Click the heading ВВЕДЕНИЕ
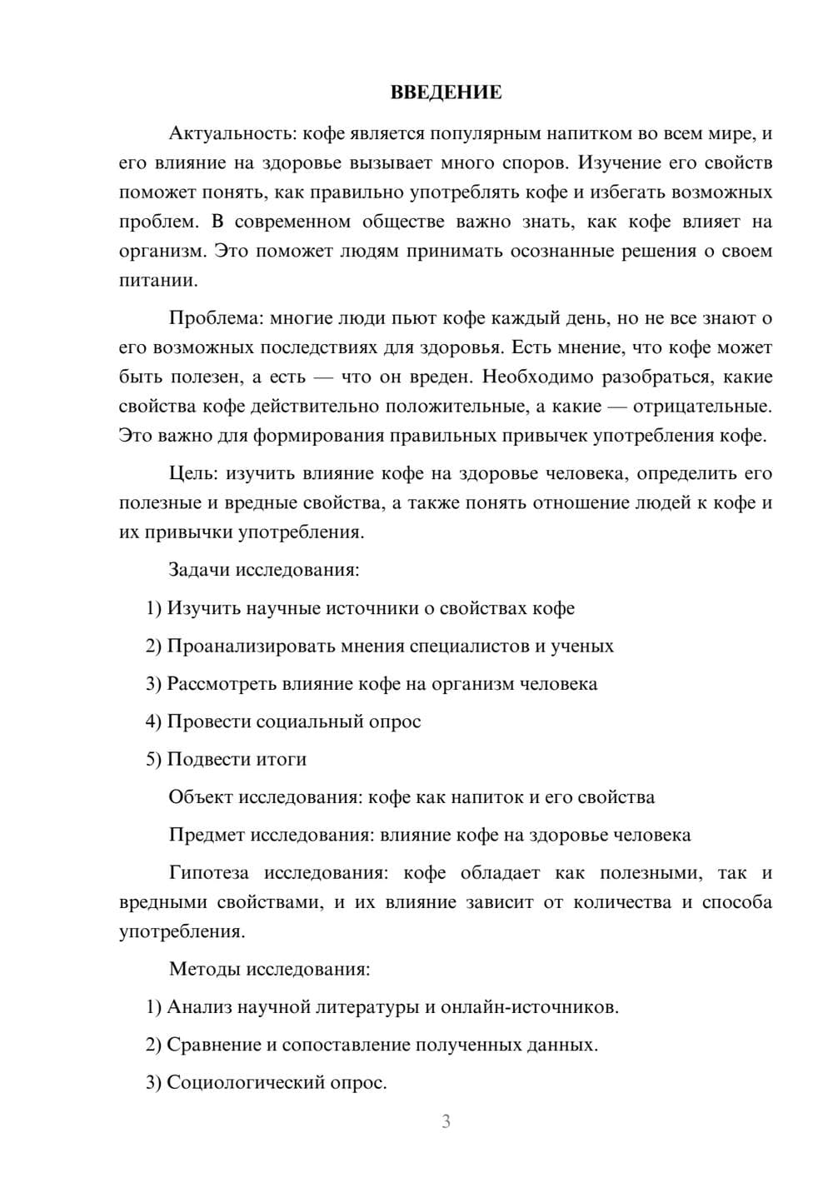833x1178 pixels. point(446,92)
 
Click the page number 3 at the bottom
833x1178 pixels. point(446,1121)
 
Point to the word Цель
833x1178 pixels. point(192,474)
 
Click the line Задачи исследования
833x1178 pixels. point(264,571)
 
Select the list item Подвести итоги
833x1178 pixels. point(237,759)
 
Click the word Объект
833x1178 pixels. point(201,797)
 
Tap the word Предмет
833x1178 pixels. point(207,835)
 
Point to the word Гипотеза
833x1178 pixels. point(208,873)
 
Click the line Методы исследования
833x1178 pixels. point(269,969)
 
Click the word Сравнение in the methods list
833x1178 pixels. point(214,1045)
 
